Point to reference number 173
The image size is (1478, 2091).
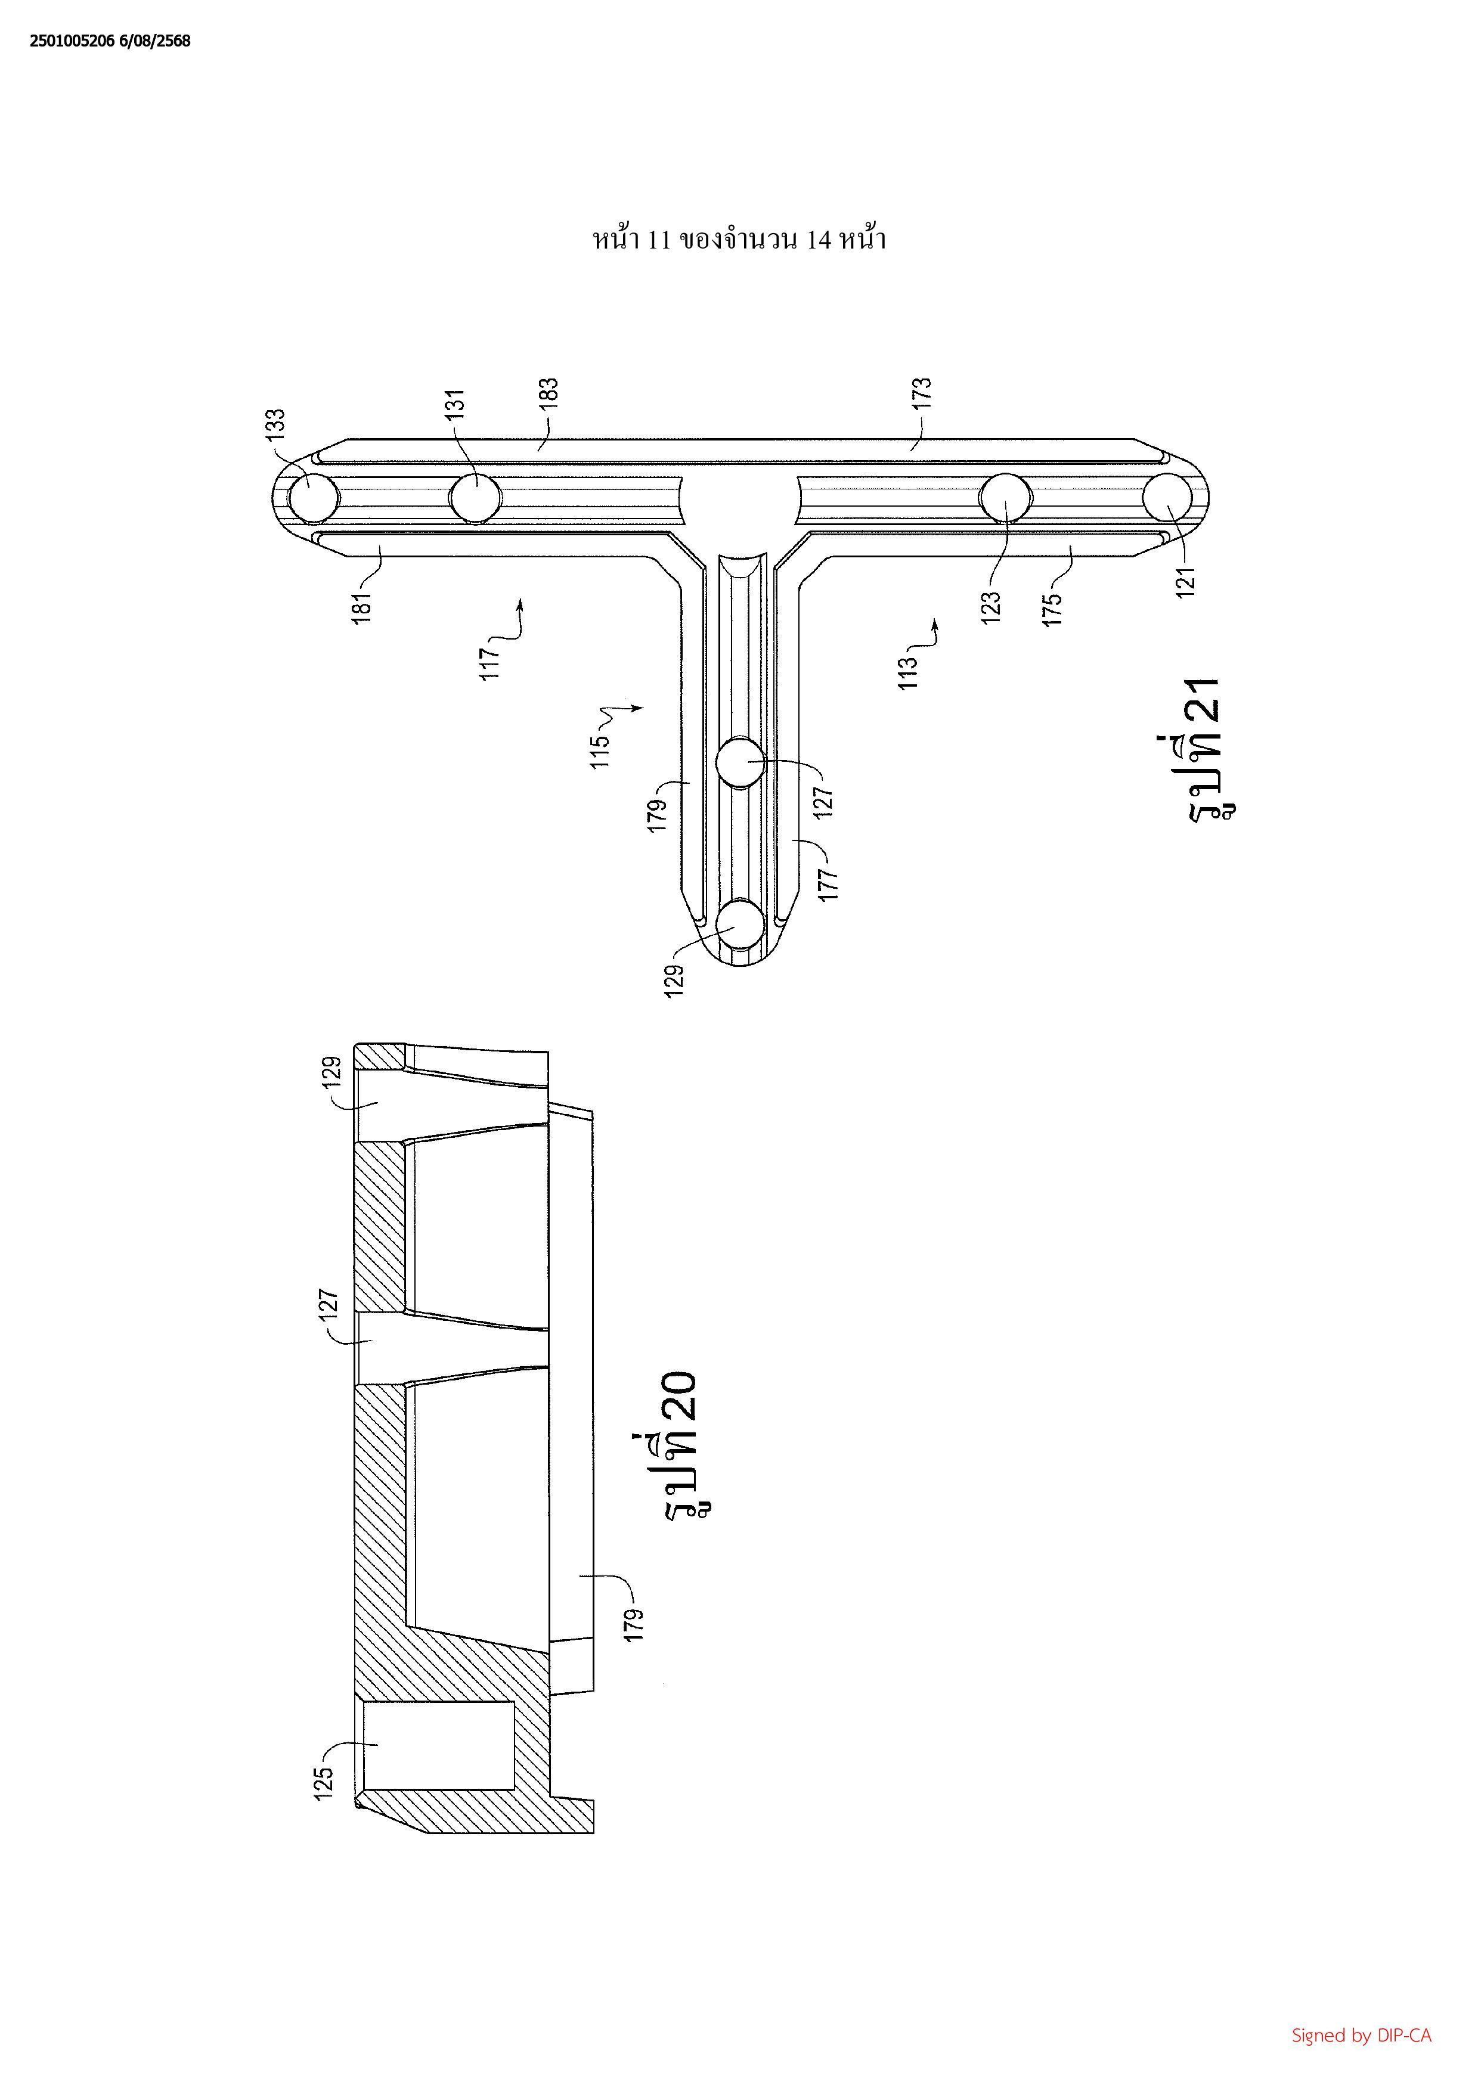pos(922,395)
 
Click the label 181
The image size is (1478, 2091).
pos(363,607)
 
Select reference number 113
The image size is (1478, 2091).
pos(909,672)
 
